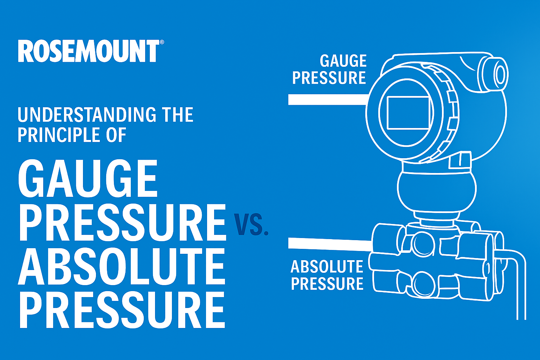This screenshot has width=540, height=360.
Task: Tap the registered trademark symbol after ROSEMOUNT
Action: [x=162, y=42]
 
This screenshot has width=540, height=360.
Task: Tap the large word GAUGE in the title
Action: [x=88, y=179]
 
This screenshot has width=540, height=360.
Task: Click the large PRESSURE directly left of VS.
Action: [x=122, y=222]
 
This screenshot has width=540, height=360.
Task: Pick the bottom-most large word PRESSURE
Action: [x=122, y=310]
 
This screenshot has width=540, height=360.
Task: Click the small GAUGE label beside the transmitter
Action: [x=343, y=61]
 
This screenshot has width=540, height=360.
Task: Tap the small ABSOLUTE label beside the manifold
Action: [x=327, y=266]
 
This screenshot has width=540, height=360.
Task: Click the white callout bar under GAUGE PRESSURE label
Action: [x=328, y=99]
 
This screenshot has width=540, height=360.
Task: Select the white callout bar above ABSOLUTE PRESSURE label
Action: [x=330, y=244]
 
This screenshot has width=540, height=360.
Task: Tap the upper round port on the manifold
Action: [x=424, y=244]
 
